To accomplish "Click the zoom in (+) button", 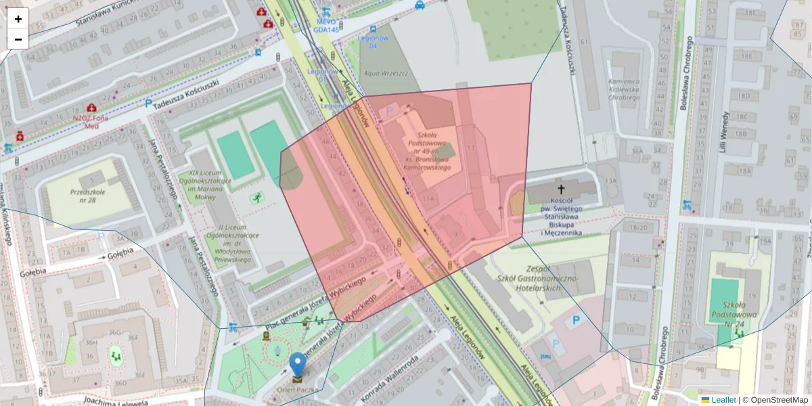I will [x=18, y=19].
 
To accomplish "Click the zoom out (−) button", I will [x=18, y=39].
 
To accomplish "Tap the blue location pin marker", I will [x=298, y=365].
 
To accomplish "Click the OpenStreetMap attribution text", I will [x=775, y=400].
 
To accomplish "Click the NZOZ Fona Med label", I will [x=91, y=121].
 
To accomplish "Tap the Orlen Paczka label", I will [x=298, y=389].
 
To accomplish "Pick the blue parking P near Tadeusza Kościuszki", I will [x=148, y=104].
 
